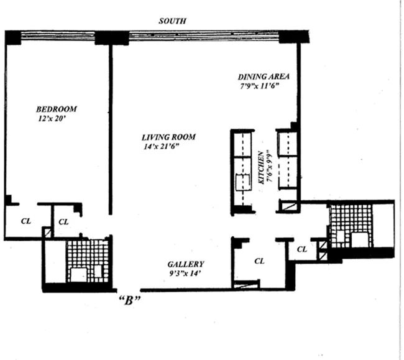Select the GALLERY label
[186, 264]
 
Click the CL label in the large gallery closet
[260, 261]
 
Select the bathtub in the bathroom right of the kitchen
[360, 239]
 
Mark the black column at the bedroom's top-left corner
[12, 37]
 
